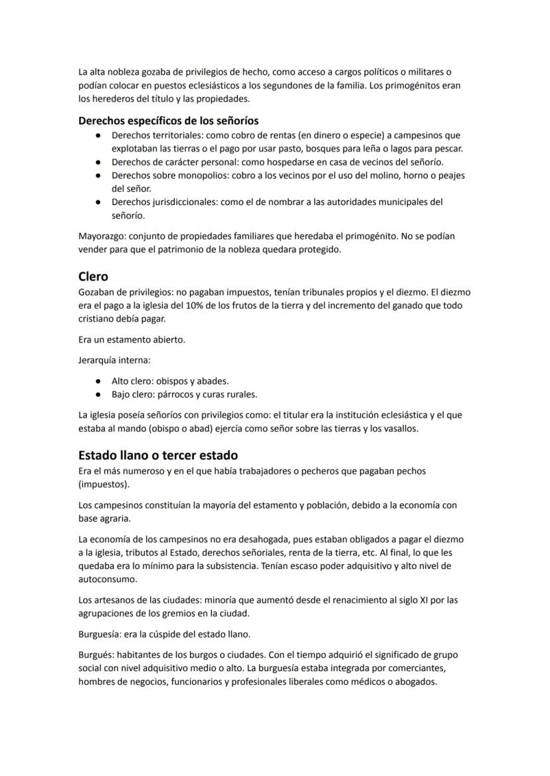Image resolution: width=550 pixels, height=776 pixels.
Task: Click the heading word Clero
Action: pyautogui.click(x=93, y=276)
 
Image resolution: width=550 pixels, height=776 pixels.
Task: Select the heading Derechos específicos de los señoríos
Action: pyautogui.click(x=168, y=121)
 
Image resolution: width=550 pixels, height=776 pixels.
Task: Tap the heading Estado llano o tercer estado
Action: pyautogui.click(x=157, y=455)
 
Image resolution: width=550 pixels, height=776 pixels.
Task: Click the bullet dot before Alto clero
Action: pyautogui.click(x=98, y=381)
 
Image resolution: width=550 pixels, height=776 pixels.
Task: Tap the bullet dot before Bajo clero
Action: pyautogui.click(x=98, y=394)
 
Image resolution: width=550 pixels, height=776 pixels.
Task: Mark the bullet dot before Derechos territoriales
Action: pyautogui.click(x=98, y=135)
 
